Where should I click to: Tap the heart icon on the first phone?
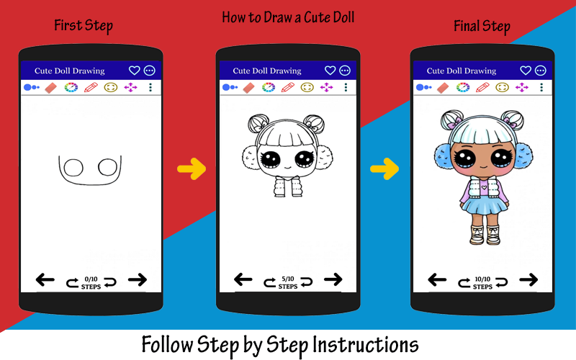(134, 70)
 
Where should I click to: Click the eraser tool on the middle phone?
(248, 87)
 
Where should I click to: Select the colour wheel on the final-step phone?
(463, 87)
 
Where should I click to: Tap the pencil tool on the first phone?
(91, 87)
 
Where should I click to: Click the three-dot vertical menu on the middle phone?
(346, 87)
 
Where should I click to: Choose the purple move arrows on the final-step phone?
(521, 87)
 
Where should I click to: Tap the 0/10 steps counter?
(91, 283)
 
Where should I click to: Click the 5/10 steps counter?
(287, 282)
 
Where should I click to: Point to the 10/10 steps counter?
(482, 283)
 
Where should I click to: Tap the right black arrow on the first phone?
(138, 280)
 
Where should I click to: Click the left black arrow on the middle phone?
(243, 279)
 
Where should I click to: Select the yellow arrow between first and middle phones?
(192, 169)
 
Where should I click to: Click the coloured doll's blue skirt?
(484, 205)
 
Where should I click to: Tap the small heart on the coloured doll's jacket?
(484, 187)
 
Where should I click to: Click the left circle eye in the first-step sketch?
(73, 168)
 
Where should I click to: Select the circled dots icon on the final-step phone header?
(540, 70)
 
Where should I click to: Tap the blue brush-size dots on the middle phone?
(230, 87)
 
